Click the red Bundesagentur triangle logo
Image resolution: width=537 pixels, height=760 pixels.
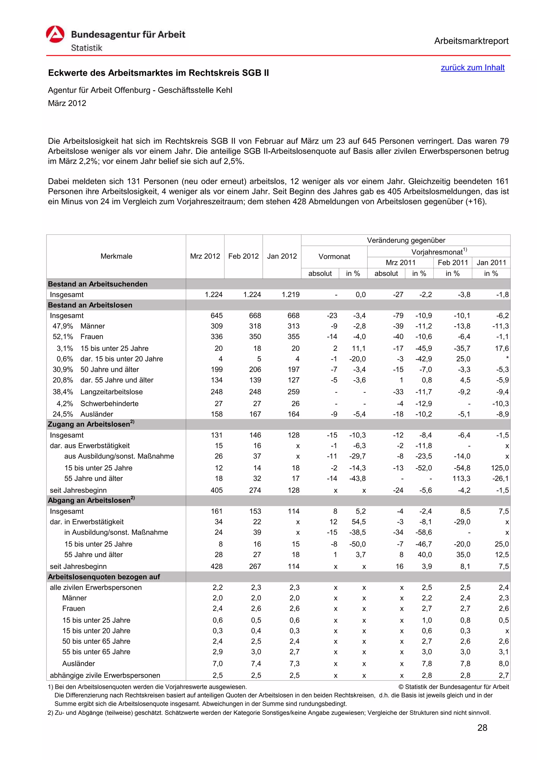[55, 34]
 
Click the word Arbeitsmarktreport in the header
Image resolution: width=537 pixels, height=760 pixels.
[471, 41]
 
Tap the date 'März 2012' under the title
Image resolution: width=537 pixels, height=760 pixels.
[67, 103]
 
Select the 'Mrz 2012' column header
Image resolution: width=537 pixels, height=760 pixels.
[205, 256]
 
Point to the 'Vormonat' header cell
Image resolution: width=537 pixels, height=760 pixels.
[334, 256]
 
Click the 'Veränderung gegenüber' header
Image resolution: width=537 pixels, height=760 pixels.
[406, 240]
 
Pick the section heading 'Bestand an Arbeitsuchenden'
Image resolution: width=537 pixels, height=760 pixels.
[98, 284]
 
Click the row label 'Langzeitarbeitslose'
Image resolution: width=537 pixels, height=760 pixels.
[111, 392]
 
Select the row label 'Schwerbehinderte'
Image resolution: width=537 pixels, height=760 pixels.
[109, 404]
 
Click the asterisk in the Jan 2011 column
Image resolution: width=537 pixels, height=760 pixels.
[507, 358]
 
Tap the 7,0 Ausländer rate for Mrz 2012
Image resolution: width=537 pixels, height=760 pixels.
[217, 664]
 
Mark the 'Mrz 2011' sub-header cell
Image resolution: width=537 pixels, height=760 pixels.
[400, 263]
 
